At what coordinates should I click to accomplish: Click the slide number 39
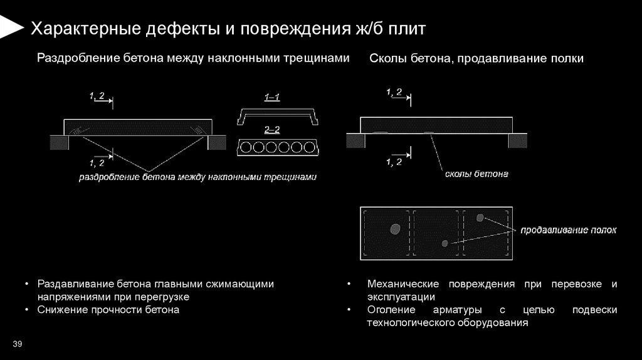(17, 344)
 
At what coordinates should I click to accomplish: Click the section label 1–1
(272, 97)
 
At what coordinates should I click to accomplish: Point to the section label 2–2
(272, 129)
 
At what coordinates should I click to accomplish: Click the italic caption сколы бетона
(476, 174)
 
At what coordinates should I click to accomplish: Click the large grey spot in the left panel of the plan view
(395, 229)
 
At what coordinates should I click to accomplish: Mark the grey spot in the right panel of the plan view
(480, 218)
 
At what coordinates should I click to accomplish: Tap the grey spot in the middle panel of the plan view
(445, 243)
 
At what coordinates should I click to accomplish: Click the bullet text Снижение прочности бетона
(108, 310)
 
